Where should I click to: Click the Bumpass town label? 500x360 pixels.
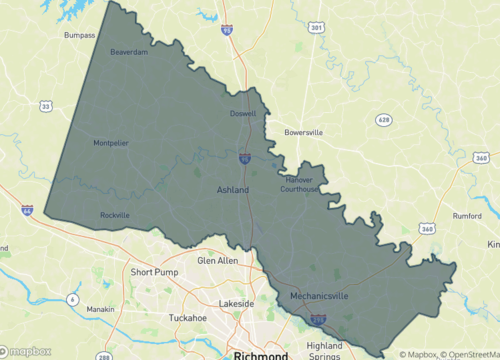(x=79, y=34)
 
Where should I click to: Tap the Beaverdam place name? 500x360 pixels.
(x=129, y=52)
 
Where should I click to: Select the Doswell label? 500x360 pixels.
(x=243, y=114)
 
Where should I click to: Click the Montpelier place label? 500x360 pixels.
(x=110, y=143)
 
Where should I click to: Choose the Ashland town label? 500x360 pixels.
(x=233, y=189)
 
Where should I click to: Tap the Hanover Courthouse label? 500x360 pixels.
(x=300, y=184)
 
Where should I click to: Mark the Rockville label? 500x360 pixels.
(x=115, y=215)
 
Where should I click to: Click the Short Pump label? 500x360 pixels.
(x=154, y=272)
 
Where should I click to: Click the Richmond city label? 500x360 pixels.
(x=260, y=355)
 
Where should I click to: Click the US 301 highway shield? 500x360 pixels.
(x=317, y=28)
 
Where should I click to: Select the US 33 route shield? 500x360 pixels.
(x=45, y=106)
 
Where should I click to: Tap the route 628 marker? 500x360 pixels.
(x=383, y=120)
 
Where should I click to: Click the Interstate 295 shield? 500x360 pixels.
(x=317, y=320)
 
